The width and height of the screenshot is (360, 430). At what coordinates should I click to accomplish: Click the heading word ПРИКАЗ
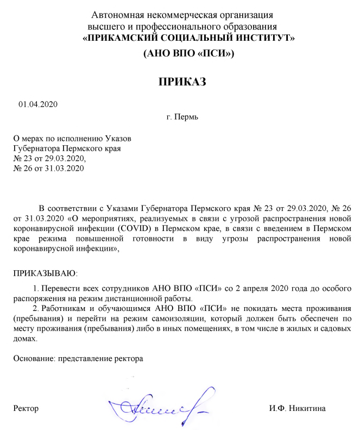[x=182, y=82]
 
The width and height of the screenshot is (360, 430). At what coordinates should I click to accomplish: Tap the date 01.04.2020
[x=37, y=104]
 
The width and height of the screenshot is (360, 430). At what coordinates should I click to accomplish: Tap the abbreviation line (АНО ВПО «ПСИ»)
[x=188, y=53]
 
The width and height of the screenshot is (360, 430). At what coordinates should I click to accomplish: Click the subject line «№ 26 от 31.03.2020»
[x=49, y=167]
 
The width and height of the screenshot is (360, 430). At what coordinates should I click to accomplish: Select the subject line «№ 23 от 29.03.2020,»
[x=50, y=158]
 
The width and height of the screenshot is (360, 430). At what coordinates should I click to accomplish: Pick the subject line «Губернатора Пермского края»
[x=66, y=148]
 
